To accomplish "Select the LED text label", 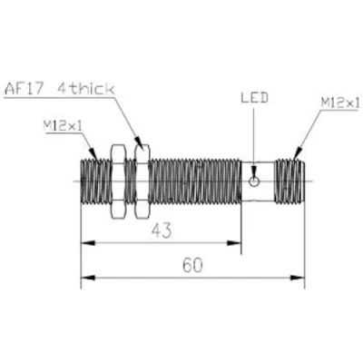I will point(254,97).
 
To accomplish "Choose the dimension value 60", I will point(191,266).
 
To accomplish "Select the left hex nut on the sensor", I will point(116,180).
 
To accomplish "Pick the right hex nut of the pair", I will point(140,180).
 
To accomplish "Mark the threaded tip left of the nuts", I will point(93,180).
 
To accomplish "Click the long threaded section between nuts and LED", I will point(194,180).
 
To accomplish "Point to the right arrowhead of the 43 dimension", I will point(238,243).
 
